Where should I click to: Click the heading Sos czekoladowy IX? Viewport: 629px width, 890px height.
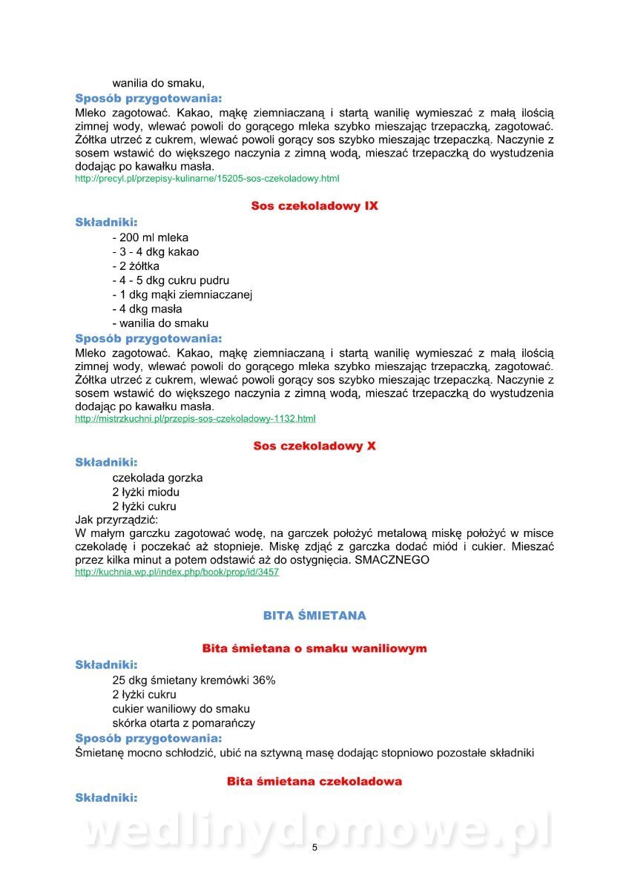(x=314, y=205)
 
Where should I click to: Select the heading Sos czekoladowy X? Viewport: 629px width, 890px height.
(x=314, y=446)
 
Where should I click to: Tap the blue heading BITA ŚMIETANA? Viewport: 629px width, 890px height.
(x=314, y=616)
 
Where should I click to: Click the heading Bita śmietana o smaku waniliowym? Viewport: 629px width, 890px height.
(x=314, y=648)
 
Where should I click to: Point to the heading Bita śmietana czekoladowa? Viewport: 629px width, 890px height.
(x=314, y=781)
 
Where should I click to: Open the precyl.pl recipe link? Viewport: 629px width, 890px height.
(x=207, y=179)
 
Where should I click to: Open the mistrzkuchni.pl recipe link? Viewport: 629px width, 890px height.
(x=195, y=419)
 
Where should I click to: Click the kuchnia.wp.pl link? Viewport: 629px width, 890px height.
(x=177, y=573)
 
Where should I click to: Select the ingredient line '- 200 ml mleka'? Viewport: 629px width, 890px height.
(x=151, y=237)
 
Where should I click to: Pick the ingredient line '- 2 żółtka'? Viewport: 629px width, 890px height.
(x=136, y=266)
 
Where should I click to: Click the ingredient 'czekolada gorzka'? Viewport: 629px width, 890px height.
(x=157, y=478)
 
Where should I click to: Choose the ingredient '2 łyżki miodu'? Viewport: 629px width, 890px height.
(x=146, y=492)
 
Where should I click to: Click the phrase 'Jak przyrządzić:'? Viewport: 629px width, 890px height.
(x=111, y=520)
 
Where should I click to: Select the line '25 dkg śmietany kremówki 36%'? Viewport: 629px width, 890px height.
(x=194, y=679)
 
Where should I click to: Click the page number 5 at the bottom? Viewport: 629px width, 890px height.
(x=314, y=848)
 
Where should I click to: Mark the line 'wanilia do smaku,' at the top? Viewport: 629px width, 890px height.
(x=158, y=83)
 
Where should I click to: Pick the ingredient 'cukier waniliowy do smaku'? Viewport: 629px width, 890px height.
(x=181, y=708)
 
